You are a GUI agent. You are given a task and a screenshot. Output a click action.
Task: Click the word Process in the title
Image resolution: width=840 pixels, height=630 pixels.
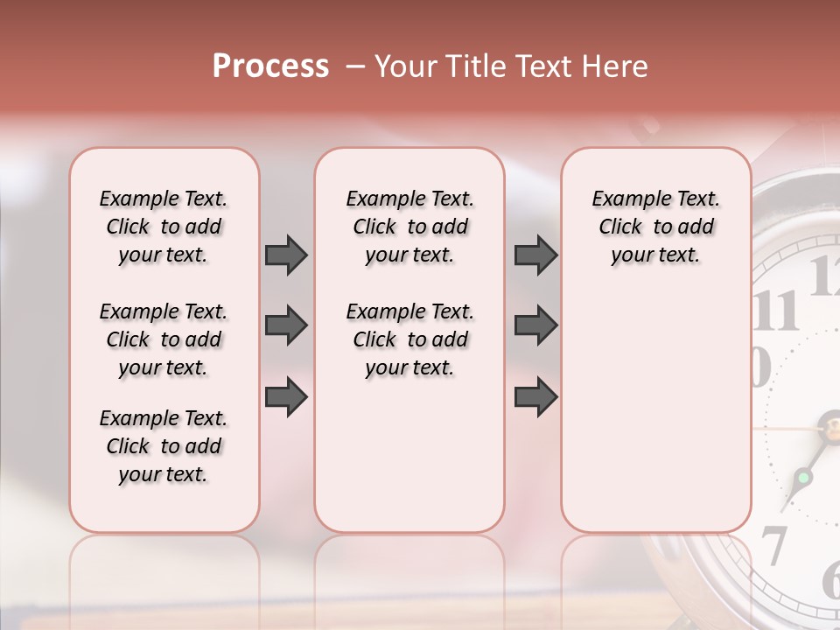(x=270, y=66)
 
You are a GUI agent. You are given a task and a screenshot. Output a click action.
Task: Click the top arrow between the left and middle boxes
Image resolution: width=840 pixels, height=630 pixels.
(x=286, y=255)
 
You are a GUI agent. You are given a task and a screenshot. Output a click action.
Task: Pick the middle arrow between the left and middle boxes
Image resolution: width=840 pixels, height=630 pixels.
(x=286, y=325)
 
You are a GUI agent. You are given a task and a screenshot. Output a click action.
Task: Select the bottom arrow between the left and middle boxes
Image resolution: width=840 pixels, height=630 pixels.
(x=286, y=396)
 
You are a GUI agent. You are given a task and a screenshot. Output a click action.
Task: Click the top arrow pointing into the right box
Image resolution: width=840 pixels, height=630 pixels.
(x=535, y=255)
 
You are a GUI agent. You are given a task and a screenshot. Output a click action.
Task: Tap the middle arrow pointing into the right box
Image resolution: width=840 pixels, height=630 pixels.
(x=535, y=325)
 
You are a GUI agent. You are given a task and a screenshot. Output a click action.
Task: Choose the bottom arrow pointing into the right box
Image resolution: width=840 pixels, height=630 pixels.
(x=535, y=396)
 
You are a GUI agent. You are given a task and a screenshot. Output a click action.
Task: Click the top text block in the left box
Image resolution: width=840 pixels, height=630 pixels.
(x=164, y=227)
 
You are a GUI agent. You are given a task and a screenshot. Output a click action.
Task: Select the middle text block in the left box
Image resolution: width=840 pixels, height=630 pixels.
(x=164, y=339)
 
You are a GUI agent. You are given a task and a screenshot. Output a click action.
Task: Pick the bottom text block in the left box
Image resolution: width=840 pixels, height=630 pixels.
(x=164, y=446)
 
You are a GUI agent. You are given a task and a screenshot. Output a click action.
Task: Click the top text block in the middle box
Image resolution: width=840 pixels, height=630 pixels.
(x=410, y=227)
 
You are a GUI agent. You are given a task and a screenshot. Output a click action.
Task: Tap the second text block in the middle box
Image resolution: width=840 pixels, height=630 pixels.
(x=410, y=339)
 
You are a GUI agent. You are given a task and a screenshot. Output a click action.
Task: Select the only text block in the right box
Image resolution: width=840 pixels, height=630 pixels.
(x=656, y=227)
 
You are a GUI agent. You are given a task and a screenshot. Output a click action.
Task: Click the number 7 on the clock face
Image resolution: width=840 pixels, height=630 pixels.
(x=773, y=544)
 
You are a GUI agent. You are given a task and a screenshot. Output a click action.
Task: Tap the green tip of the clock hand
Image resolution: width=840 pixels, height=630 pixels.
(x=801, y=479)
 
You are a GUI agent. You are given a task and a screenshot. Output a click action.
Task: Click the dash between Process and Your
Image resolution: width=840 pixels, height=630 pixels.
(x=356, y=66)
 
